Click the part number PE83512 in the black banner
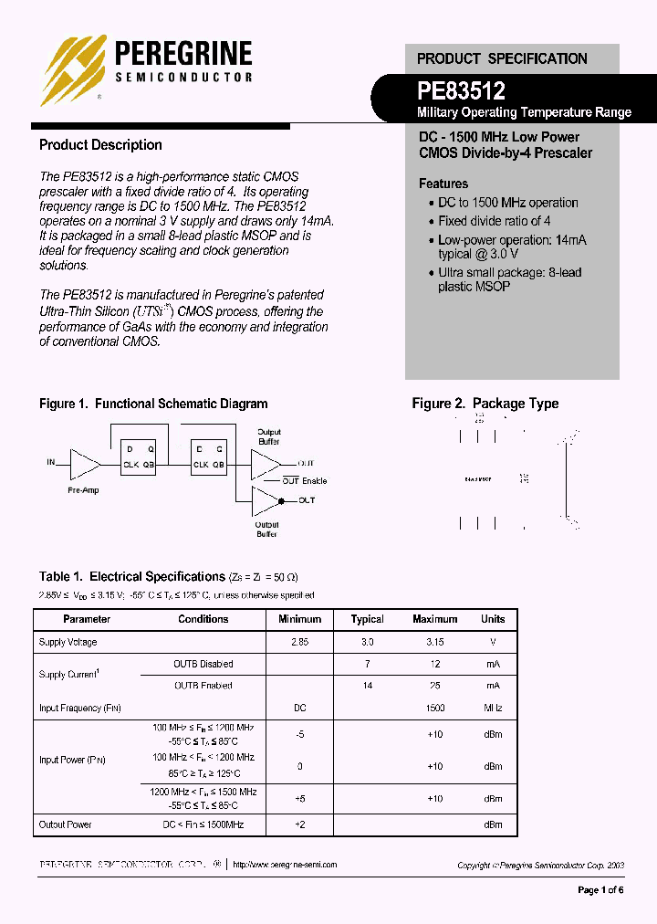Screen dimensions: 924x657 [x=461, y=90]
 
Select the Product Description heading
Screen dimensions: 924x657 [x=100, y=145]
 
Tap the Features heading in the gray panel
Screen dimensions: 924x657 [x=443, y=184]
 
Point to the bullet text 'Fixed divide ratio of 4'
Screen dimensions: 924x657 [x=494, y=221]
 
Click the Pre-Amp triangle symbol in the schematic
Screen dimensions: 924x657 [x=85, y=464]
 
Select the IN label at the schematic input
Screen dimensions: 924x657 [x=51, y=462]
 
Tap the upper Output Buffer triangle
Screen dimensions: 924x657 [x=266, y=464]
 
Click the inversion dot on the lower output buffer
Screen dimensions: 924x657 [x=281, y=500]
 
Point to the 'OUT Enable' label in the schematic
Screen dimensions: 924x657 [x=304, y=480]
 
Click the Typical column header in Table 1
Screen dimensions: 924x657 [x=367, y=619]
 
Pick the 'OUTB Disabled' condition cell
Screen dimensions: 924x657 [x=203, y=665]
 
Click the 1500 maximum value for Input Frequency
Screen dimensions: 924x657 [x=434, y=708]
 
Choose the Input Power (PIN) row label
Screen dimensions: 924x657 [x=69, y=760]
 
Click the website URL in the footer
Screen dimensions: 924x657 [x=285, y=865]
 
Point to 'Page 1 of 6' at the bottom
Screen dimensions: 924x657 [x=601, y=890]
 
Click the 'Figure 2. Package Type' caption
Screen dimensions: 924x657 [x=485, y=404]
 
